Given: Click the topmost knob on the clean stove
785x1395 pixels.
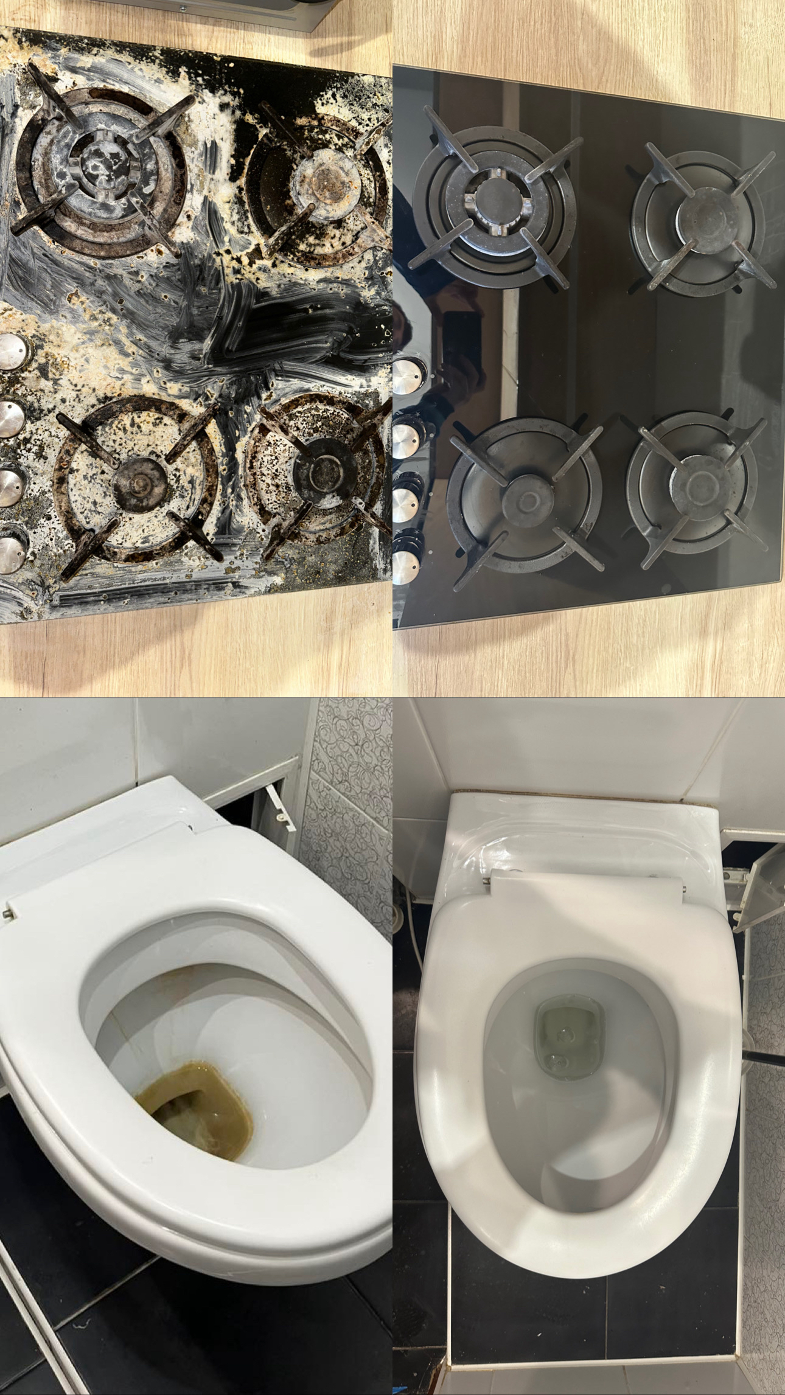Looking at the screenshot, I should tap(408, 369).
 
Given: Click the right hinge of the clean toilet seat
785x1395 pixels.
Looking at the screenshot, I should tap(684, 889).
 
